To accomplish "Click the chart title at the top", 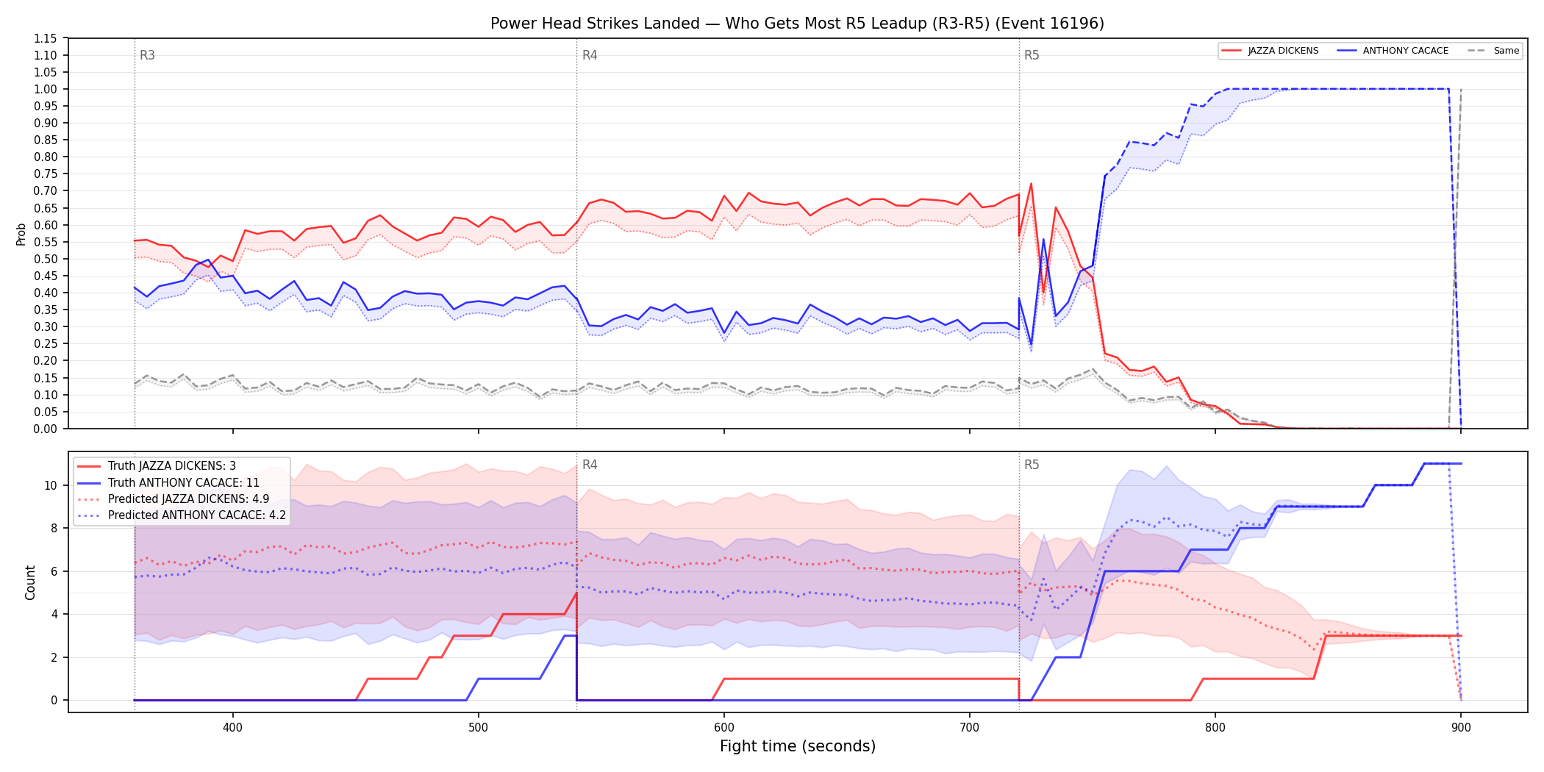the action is click(x=797, y=24).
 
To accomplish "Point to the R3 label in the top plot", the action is click(x=147, y=55).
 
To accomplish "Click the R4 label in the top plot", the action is click(x=590, y=55).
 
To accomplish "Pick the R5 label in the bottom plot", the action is click(x=1032, y=465).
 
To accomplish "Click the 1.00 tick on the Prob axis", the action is click(x=46, y=89).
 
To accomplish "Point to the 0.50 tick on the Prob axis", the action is click(x=46, y=259).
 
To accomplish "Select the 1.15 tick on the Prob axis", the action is click(x=46, y=38).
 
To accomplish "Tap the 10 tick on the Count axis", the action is click(x=51, y=485).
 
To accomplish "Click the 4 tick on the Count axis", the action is click(x=54, y=614).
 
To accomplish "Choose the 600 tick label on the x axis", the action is click(x=724, y=727).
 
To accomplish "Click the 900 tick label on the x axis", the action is click(x=1461, y=727).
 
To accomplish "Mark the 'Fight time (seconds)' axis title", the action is click(x=798, y=746).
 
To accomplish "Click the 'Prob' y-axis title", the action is click(x=21, y=234).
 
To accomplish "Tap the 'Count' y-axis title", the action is click(x=30, y=582).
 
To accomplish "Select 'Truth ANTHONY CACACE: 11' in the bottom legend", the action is click(x=184, y=483).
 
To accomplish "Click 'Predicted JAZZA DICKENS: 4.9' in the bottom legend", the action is click(x=189, y=499).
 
